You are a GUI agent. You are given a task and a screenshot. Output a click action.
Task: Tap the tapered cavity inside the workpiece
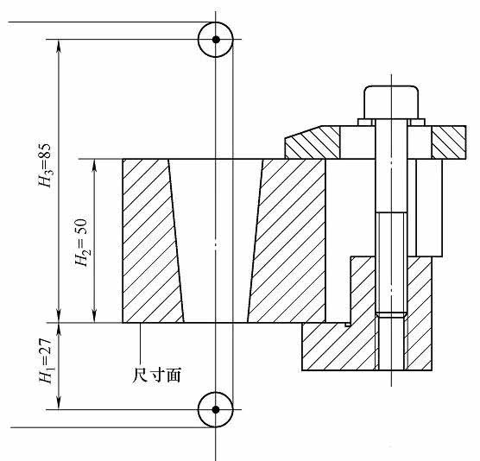pos(216,242)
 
